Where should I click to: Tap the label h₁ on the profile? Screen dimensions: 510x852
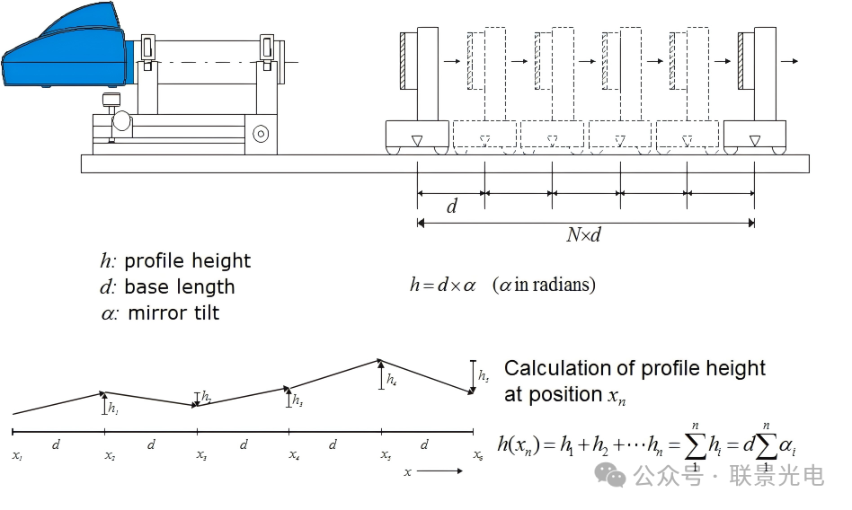112,408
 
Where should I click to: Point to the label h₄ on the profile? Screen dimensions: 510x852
391,380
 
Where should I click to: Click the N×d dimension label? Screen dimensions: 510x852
583,235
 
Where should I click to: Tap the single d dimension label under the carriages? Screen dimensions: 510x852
452,207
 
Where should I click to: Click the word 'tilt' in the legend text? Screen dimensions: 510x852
200,313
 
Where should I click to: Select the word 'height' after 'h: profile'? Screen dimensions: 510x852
221,261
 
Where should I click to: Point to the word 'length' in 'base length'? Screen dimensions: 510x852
206,287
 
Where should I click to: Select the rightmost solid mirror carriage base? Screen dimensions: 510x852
754,136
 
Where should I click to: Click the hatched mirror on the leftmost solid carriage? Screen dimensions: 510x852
405,61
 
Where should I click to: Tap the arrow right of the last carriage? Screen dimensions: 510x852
789,61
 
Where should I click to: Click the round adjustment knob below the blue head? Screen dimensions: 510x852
121,120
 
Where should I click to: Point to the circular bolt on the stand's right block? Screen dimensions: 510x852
261,134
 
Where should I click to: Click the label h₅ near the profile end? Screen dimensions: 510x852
484,375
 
